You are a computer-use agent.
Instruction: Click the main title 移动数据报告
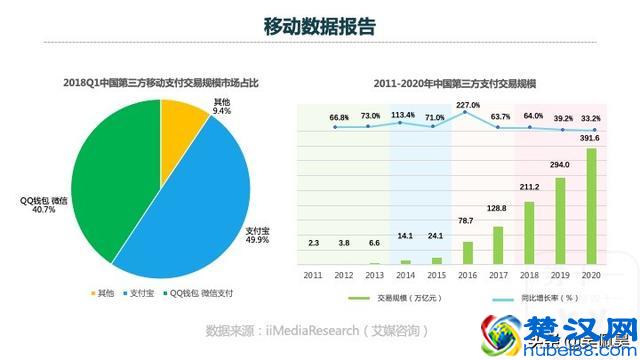[x=319, y=26]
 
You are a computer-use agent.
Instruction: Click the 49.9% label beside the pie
[x=257, y=241]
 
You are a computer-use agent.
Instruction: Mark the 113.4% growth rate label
[x=403, y=115]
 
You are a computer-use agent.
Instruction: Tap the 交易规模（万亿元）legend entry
[x=396, y=298]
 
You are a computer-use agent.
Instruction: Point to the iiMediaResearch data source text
[x=317, y=330]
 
